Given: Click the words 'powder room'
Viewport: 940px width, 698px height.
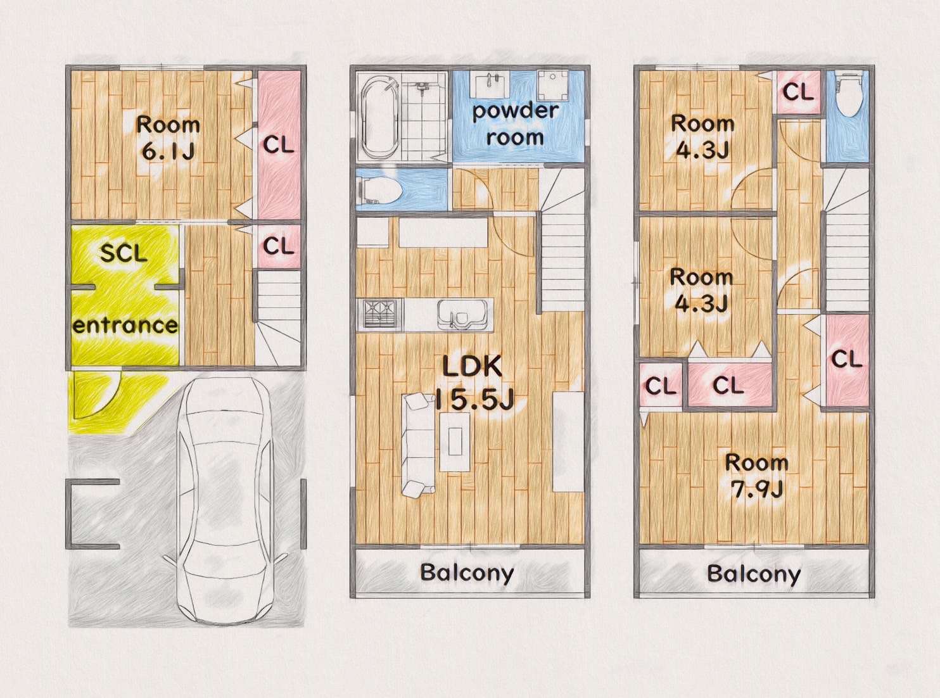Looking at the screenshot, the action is point(515,124).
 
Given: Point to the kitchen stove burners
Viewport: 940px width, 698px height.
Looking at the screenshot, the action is point(379,314).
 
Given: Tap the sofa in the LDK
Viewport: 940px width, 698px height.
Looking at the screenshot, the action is point(418,445).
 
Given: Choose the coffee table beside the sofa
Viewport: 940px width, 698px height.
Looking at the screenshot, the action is point(455,441).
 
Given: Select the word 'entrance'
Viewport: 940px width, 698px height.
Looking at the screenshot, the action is point(125,326).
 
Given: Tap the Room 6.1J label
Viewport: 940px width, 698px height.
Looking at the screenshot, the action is point(168,139).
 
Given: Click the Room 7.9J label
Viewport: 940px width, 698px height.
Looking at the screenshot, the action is point(756,476).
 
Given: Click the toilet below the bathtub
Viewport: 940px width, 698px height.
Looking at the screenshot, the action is point(380,189).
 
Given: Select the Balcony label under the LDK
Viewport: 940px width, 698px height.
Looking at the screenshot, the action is point(467,573).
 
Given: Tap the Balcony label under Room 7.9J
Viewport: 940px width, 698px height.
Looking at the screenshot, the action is point(754,574).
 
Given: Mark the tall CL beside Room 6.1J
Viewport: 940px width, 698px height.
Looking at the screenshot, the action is point(279,145).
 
